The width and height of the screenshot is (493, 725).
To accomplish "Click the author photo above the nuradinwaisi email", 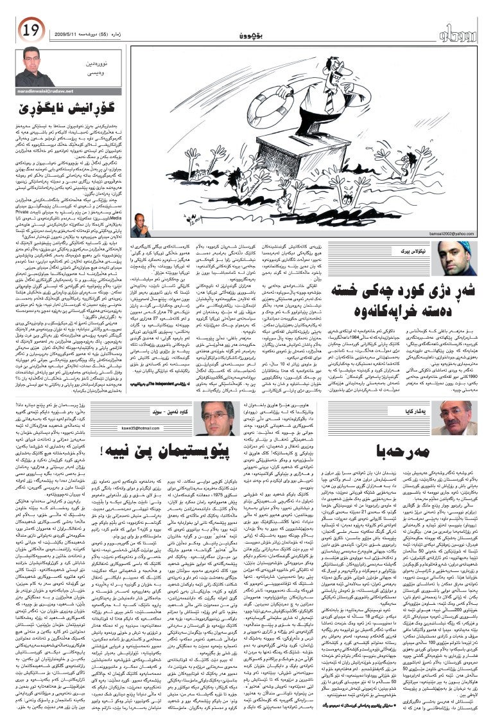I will pyautogui.click(x=37, y=66).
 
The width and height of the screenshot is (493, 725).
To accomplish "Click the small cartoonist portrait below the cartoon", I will pyautogui.click(x=141, y=226).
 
